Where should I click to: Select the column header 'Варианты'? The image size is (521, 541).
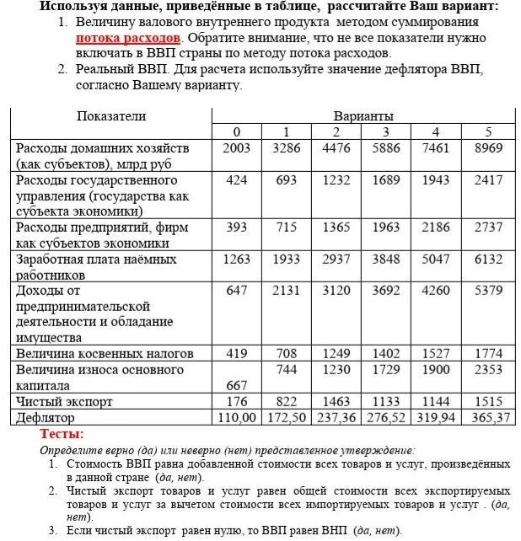[363, 115]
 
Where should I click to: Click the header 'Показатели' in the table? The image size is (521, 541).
[111, 115]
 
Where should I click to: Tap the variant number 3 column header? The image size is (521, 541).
[386, 131]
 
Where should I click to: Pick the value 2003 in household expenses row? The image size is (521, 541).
[237, 147]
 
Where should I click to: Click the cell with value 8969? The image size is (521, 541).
[488, 147]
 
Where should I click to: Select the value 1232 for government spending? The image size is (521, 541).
[336, 179]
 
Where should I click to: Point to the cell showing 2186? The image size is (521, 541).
[436, 228]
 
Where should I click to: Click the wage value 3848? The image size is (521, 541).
[386, 259]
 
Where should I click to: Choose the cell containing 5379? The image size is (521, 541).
[488, 290]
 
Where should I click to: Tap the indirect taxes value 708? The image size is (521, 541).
[287, 353]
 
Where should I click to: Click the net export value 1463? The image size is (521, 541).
[336, 402]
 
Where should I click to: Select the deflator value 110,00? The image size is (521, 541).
[237, 417]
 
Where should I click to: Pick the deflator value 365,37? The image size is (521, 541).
[488, 417]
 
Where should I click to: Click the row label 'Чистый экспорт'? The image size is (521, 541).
[64, 402]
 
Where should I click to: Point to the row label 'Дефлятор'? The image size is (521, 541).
[46, 417]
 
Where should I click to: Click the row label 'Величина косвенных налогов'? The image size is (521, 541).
[105, 353]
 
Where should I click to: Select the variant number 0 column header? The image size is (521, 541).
[237, 131]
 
